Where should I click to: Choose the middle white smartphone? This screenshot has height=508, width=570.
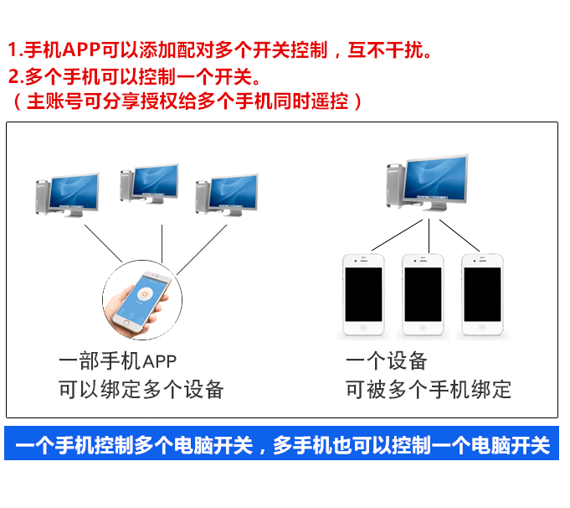pyautogui.click(x=424, y=294)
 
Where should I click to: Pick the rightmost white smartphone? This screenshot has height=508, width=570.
pyautogui.click(x=482, y=294)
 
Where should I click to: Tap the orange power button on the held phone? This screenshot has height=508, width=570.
pyautogui.click(x=146, y=295)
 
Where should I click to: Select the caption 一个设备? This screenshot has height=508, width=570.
pyautogui.click(x=386, y=361)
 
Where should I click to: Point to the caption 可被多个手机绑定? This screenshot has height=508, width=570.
pyautogui.click(x=428, y=390)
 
